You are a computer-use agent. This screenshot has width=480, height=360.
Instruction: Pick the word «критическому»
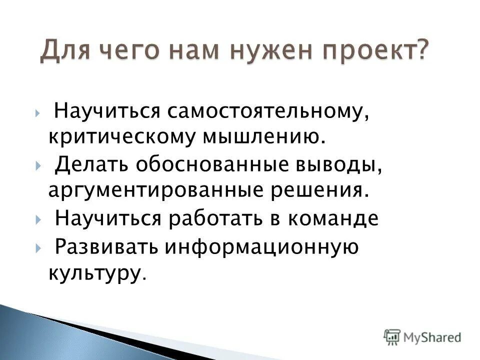120,136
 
